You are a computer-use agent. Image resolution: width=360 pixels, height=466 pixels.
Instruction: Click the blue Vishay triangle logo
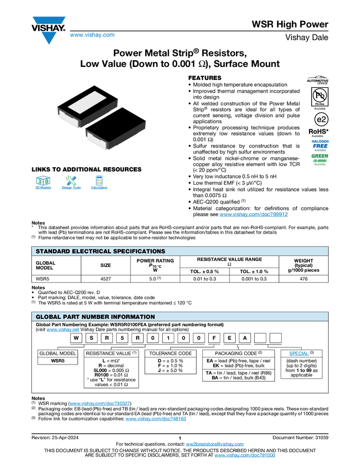pos(49,38)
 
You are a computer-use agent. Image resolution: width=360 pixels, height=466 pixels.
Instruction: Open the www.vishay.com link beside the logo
pos(92,35)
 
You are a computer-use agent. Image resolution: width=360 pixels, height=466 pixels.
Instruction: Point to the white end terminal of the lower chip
pos(96,141)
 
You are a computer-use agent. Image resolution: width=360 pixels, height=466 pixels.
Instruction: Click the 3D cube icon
pos(43,180)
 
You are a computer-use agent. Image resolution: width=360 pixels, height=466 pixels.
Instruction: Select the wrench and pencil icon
pos(71,180)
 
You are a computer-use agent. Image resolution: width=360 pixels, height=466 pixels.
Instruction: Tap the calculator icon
pos(99,180)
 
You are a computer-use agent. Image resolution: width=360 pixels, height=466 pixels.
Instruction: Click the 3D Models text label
pos(43,188)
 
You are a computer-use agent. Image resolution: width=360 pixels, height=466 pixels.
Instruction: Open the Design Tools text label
pos(71,188)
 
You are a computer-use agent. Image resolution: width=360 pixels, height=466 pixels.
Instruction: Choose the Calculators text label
pos(99,188)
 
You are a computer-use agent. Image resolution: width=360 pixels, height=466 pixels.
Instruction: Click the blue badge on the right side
pos(320,145)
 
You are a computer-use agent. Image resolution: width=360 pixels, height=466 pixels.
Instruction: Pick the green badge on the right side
pos(320,159)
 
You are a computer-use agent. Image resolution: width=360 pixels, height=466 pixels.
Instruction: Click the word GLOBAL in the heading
pos(48,317)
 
